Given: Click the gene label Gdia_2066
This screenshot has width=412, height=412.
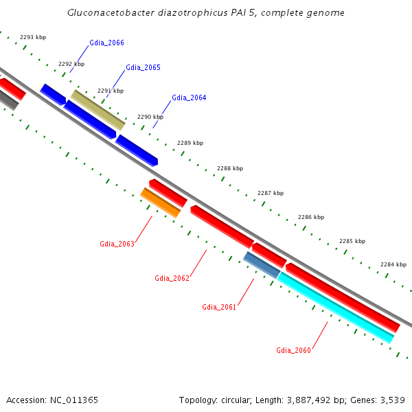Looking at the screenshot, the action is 106,43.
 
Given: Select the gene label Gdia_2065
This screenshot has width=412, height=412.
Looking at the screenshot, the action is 143,67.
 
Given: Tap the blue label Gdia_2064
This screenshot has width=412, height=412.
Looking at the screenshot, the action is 189,98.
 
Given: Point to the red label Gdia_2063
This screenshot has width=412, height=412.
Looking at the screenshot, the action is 117,244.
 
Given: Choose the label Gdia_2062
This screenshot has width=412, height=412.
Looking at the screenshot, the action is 172,278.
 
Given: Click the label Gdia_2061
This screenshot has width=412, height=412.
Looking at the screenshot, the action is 219,307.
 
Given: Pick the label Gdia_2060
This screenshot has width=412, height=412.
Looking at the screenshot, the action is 294,350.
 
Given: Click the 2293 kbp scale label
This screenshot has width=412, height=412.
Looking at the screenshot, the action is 32,37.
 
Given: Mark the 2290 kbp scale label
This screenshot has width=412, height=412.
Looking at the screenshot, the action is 150,117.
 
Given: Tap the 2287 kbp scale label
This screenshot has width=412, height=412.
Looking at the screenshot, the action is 271,193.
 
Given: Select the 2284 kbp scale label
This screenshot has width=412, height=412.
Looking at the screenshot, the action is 393,264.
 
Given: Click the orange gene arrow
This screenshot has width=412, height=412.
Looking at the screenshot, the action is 160,203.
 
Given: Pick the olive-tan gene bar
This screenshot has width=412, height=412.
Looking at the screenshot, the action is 98,110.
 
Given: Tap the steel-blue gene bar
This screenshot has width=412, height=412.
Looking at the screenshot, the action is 262,265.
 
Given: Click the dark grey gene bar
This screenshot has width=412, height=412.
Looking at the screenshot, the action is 8,100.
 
